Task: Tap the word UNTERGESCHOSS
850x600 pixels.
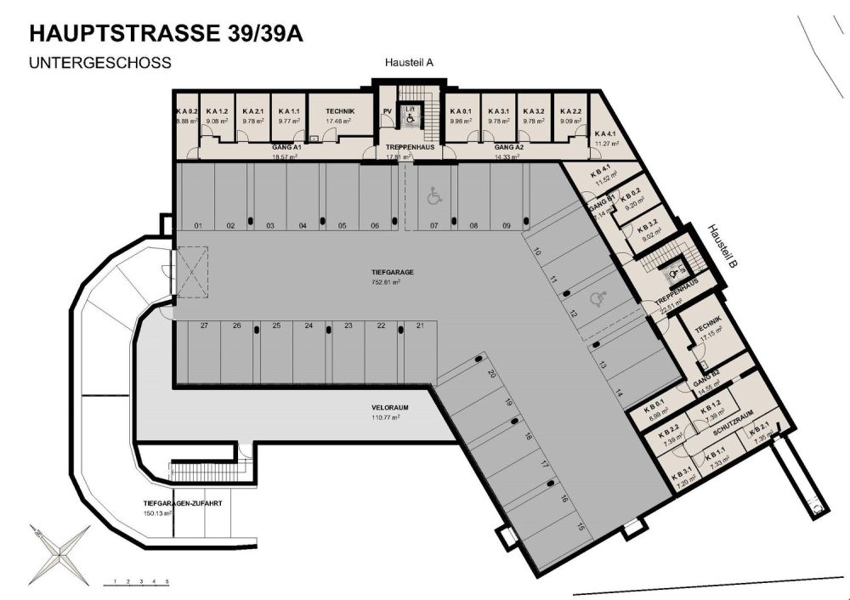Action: [100, 63]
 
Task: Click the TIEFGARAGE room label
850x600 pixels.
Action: [391, 272]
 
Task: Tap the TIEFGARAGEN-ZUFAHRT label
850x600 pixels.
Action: [183, 503]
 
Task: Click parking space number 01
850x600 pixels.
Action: [197, 225]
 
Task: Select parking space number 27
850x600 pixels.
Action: [204, 325]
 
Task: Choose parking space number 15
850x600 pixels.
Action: [581, 528]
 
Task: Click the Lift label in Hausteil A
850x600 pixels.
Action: [410, 109]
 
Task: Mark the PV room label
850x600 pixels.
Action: [387, 111]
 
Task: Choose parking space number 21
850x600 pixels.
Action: [419, 325]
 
